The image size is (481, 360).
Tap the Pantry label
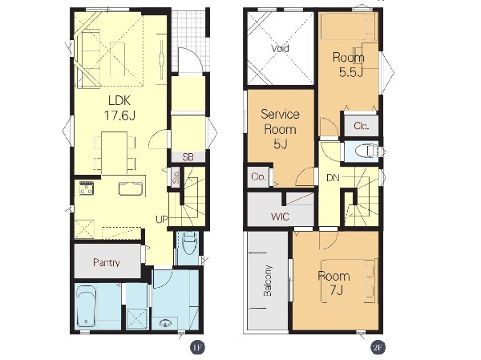107,262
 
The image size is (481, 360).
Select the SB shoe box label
188,157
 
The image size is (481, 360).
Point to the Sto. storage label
176,178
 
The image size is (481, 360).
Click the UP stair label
162,220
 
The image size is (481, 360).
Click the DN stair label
333,178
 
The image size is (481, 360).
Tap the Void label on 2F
280,48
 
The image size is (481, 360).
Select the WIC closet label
280,216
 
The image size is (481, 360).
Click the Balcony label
268,281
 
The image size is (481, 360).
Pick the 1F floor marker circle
197,347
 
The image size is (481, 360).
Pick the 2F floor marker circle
378,347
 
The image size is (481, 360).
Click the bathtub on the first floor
87,306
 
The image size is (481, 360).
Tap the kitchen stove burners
87,188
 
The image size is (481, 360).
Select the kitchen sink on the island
131,188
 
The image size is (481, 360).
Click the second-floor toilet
366,152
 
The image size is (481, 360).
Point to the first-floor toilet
188,244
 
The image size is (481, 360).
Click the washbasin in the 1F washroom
166,323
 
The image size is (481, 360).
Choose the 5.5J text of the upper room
351,72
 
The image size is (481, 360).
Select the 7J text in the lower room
336,290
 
